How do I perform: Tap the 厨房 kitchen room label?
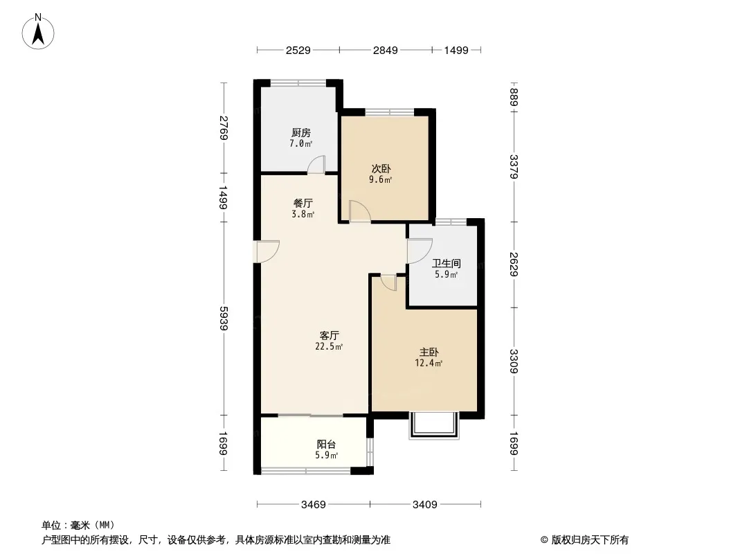point(301,132)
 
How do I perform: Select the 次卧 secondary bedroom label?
point(381,168)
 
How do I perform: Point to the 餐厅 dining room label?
point(303,203)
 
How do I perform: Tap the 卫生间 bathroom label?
point(447,263)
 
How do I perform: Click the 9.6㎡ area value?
point(381,180)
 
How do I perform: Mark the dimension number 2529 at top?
point(298,50)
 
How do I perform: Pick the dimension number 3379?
point(514,167)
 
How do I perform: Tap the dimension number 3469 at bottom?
point(314,505)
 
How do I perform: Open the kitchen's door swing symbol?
point(316,164)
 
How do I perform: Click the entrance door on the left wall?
point(267,251)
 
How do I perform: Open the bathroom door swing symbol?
point(420,251)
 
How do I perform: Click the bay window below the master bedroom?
point(434,426)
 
